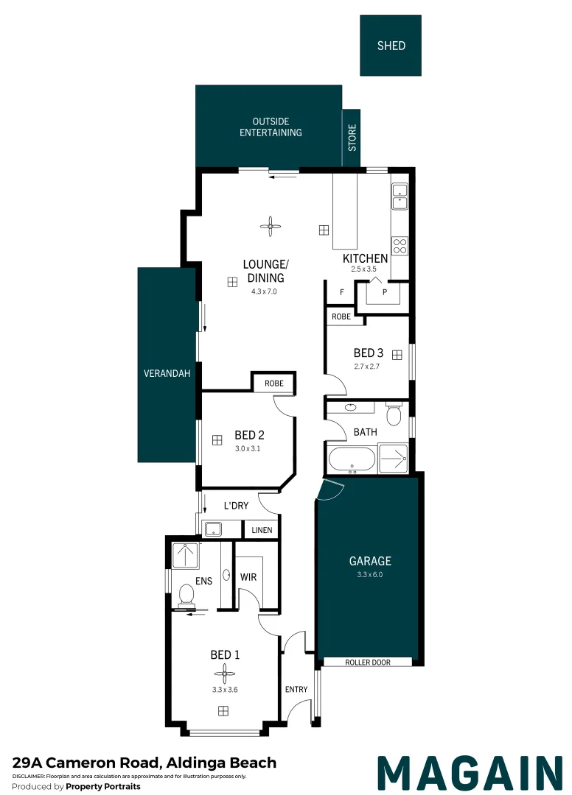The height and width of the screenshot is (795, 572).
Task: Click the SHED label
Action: pos(391,46)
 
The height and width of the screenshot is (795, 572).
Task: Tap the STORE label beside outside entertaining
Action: pos(352,138)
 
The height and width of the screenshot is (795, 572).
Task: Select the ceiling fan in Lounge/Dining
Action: pos(271,227)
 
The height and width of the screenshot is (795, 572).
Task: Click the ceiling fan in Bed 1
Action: pos(223,673)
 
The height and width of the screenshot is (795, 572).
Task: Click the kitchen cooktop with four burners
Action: pos(400,245)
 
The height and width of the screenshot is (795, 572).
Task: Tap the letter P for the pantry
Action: pos(384,292)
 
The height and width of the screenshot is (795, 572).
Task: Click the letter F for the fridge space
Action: pos(341,292)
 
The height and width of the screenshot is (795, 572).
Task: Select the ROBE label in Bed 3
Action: pos(341,317)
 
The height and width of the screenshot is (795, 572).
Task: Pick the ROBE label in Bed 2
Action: pos(273,384)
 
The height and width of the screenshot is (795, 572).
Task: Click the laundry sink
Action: pos(214,529)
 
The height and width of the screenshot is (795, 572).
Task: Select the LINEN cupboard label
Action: pos(262,530)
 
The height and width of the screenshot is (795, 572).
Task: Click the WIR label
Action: pos(248,577)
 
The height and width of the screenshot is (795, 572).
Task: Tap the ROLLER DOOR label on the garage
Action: pos(368,662)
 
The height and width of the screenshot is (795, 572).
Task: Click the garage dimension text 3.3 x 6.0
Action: pos(370,574)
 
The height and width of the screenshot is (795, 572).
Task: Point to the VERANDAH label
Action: pos(167,374)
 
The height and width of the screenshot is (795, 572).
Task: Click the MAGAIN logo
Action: pos(469,772)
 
